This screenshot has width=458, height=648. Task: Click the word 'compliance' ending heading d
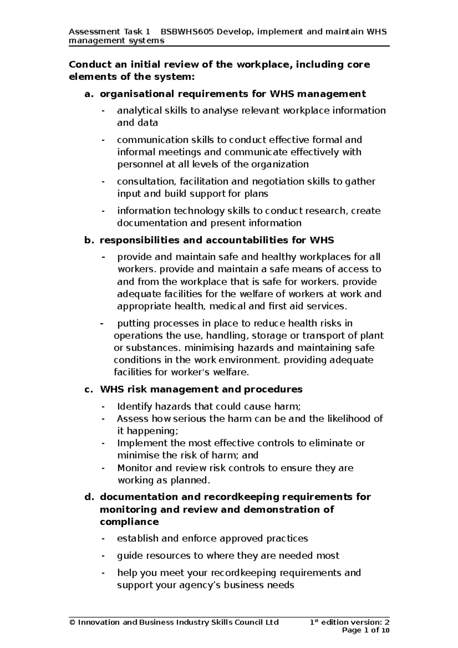[129, 522]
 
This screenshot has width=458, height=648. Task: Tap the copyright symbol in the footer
[72, 622]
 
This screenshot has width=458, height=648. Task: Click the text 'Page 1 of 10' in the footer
[366, 630]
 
